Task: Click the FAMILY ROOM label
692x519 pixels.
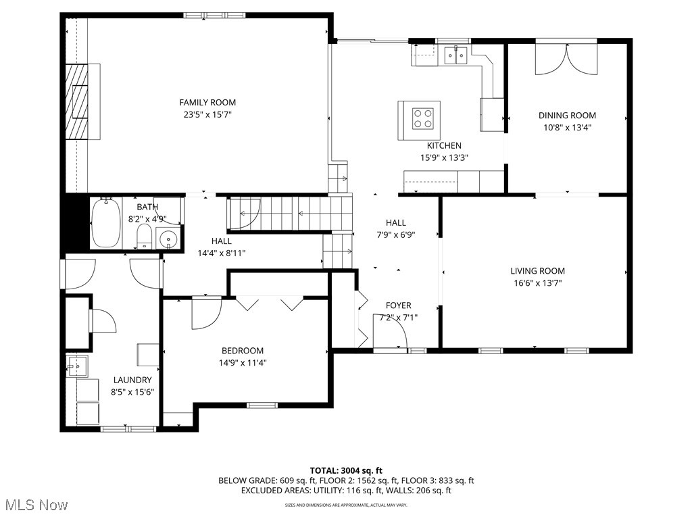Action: (x=207, y=103)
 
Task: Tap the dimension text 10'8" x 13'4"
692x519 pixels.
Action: (x=567, y=128)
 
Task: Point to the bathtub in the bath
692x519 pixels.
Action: (x=105, y=222)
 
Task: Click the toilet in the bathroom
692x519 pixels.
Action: (x=143, y=237)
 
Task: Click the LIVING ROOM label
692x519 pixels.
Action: (x=537, y=271)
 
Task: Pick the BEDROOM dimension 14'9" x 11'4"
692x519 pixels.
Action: (x=243, y=363)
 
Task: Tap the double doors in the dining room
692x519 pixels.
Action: (x=566, y=59)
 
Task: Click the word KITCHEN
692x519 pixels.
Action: (x=444, y=145)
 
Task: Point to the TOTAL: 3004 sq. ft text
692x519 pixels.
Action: (x=346, y=470)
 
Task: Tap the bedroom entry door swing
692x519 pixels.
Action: (x=205, y=313)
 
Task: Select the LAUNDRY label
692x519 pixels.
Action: (x=132, y=380)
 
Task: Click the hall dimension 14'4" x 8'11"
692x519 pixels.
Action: (x=221, y=253)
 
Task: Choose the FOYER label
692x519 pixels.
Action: (x=398, y=305)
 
